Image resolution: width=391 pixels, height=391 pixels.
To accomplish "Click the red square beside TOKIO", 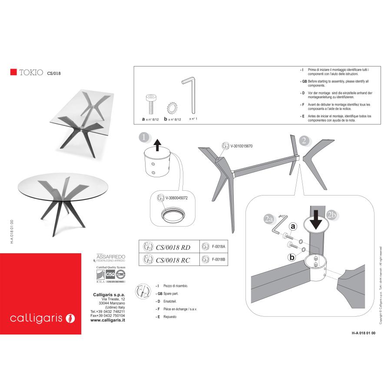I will coord(13,72).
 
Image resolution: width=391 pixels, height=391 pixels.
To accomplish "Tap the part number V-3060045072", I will coord(177,198).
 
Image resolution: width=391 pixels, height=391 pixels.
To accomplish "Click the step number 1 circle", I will coord(144,138).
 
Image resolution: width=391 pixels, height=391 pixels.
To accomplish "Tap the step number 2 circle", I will coord(305,140).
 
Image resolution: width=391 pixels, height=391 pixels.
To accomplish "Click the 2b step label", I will coord(332,215).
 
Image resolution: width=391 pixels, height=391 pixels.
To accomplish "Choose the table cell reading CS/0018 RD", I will coord(173,248).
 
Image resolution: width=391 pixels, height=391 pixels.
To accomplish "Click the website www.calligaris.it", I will coord(108,320).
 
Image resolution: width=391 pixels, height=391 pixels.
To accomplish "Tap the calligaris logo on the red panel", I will coord(42,318).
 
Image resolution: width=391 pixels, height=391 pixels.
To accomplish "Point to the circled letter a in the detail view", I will coord(292,226).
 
